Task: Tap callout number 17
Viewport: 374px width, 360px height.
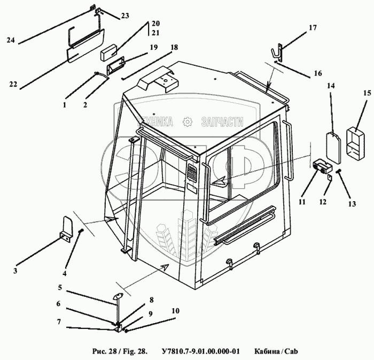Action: (x=313, y=27)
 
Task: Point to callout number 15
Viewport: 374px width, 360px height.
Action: (x=352, y=94)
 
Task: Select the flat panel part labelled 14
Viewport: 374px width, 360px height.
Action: (x=333, y=146)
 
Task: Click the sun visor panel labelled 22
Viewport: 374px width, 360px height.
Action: (x=81, y=52)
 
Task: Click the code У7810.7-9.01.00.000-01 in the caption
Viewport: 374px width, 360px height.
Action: (x=200, y=351)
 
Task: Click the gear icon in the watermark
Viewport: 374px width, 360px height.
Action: (x=188, y=122)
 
